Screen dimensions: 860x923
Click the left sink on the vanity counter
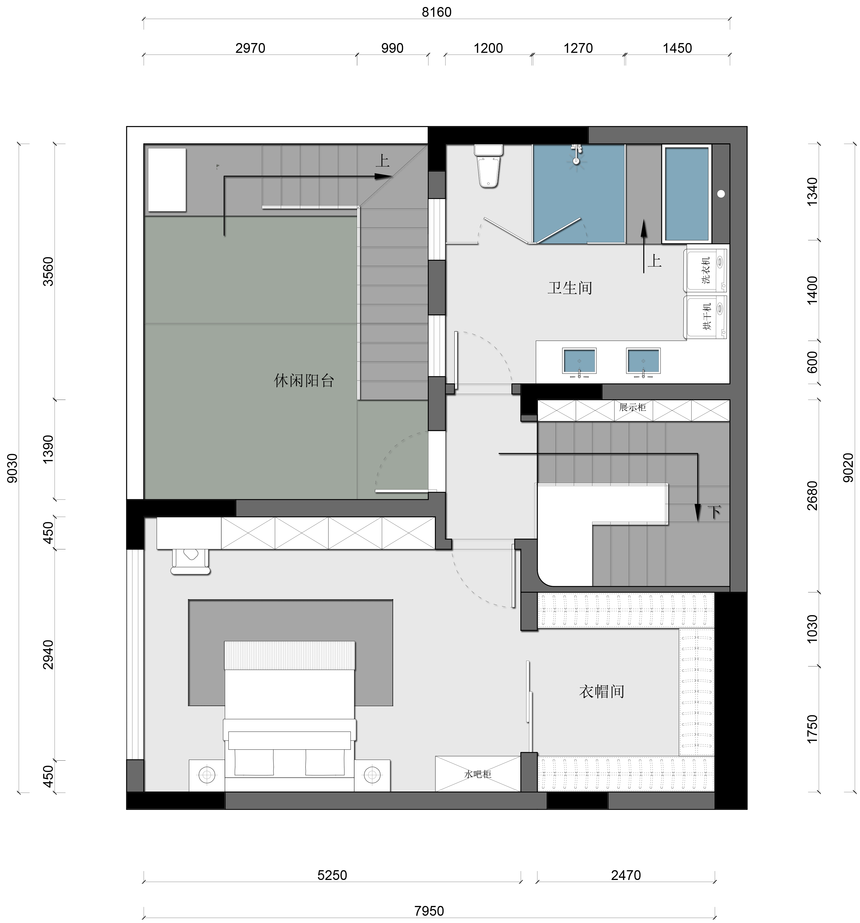(x=579, y=362)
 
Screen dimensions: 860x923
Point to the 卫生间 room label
(x=570, y=288)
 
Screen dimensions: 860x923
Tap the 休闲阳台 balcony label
(x=304, y=381)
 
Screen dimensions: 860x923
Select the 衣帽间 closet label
(x=601, y=692)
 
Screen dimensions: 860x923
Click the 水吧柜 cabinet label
(x=478, y=774)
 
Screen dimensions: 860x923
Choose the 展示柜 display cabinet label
(x=632, y=407)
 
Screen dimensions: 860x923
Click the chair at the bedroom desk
(x=190, y=562)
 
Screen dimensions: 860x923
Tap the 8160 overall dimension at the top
(x=436, y=12)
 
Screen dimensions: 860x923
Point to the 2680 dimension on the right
(x=812, y=495)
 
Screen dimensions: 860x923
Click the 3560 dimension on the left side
(x=48, y=271)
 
